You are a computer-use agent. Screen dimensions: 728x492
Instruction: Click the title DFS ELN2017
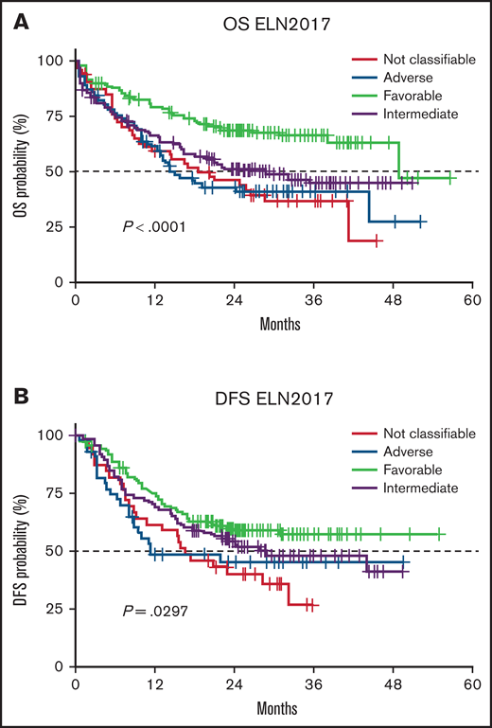tap(277, 390)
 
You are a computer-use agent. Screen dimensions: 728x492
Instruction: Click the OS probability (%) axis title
tap(20, 170)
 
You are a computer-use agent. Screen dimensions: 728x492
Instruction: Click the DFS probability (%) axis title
tap(20, 549)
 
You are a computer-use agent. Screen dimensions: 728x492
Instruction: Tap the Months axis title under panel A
tap(276, 324)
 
